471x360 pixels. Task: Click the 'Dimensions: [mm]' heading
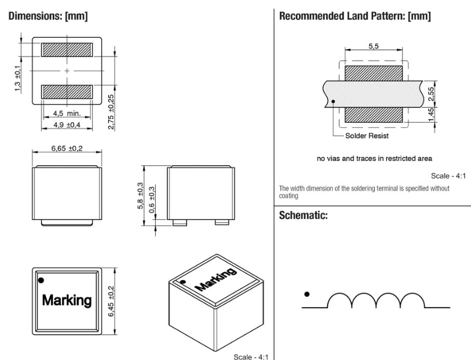(x=48, y=16)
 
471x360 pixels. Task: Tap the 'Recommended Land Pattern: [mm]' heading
(x=355, y=16)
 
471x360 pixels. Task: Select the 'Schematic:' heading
(x=303, y=215)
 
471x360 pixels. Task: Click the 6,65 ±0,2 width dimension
(x=67, y=148)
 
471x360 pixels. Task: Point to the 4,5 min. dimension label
(x=67, y=114)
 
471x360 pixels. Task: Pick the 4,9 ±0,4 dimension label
(x=67, y=125)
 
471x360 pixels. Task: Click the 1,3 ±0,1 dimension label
(x=17, y=78)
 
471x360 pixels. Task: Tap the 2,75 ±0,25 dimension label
(x=111, y=112)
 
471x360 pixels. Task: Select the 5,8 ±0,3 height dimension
(x=140, y=195)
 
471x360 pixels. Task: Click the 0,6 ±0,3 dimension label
(x=152, y=200)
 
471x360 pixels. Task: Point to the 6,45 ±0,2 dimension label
(x=111, y=301)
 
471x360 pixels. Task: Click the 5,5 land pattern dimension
(x=374, y=46)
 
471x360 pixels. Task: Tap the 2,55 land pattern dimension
(x=431, y=94)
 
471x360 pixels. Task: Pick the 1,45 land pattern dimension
(x=431, y=115)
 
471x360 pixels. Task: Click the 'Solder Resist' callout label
(x=367, y=136)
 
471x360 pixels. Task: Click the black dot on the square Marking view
(x=41, y=281)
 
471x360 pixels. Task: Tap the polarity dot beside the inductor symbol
(x=307, y=294)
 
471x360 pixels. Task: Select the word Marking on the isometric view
(x=216, y=279)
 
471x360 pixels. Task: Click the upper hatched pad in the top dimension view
(x=67, y=50)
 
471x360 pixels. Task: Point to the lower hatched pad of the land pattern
(x=374, y=115)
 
